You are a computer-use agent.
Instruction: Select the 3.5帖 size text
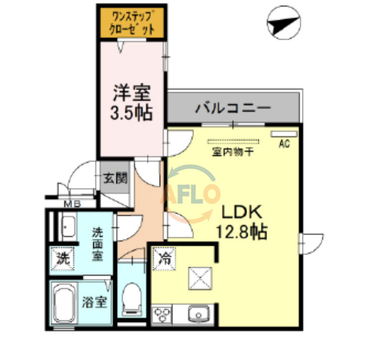(131, 112)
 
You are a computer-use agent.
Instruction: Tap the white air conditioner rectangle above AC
(284, 134)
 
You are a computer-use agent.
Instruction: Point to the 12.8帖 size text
(241, 232)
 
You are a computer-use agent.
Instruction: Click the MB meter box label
(72, 204)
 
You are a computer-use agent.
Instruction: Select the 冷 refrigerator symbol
(161, 256)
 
